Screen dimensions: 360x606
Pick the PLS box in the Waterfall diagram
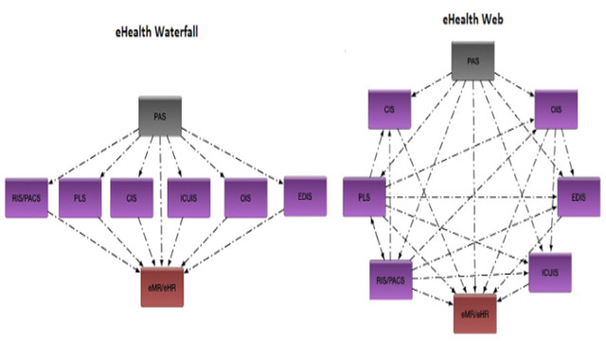[x=80, y=198]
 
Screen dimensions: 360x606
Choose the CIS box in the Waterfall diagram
[x=133, y=198]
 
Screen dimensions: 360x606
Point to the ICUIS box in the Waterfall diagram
[x=187, y=198]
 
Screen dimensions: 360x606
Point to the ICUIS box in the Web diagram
[x=550, y=272]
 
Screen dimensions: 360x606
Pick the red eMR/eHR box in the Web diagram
[x=475, y=314]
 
